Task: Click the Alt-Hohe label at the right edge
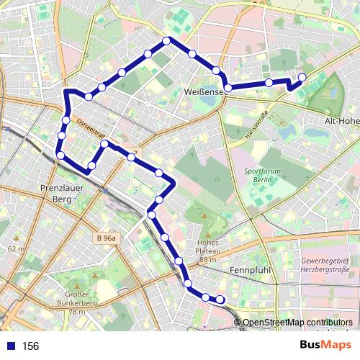point(342,122)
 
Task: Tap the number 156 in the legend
point(30,346)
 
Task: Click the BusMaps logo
point(325,345)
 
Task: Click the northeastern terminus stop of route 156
point(302,77)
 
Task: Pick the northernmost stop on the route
point(167,40)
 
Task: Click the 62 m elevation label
point(14,248)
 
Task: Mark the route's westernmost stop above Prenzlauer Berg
point(60,155)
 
